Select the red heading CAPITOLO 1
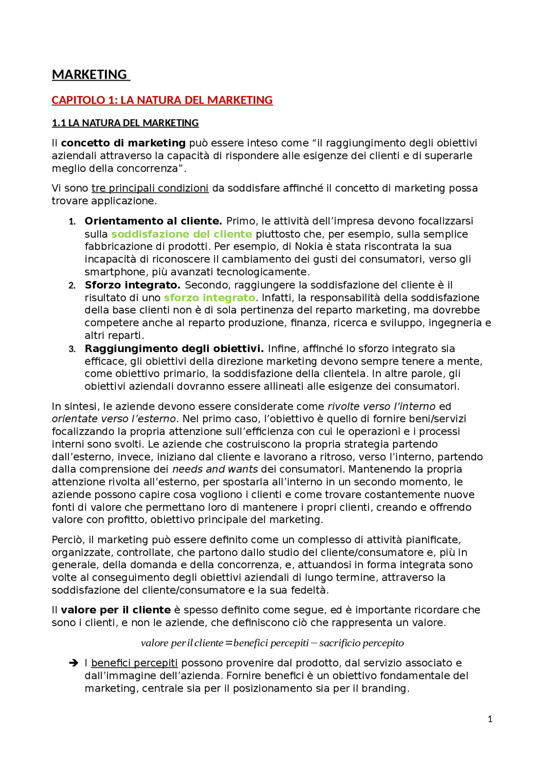(162, 100)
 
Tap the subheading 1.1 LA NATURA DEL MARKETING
(125, 123)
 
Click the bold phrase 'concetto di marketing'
(123, 143)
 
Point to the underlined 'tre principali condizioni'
(150, 188)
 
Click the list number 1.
(72, 222)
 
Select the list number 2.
(72, 285)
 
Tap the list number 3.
(72, 349)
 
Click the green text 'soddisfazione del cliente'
(181, 234)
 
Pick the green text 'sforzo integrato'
(210, 298)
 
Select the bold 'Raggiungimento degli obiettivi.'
(174, 349)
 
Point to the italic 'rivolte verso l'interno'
(381, 406)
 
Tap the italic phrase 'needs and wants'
(215, 469)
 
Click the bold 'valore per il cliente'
(116, 610)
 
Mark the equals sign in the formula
(229, 643)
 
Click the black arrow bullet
(74, 663)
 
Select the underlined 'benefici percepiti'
(134, 663)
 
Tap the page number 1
(490, 719)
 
